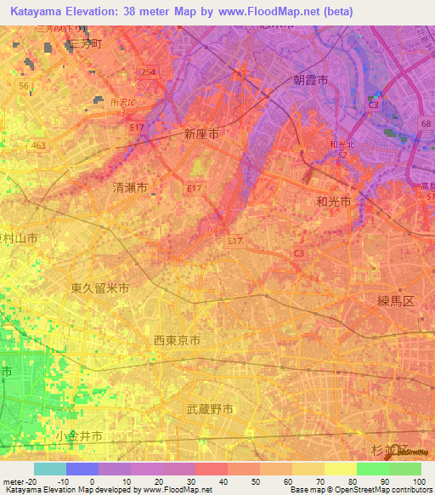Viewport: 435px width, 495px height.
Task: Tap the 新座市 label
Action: pyautogui.click(x=201, y=134)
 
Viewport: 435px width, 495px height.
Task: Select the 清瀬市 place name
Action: pyautogui.click(x=130, y=188)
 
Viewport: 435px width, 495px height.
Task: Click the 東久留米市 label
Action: pyautogui.click(x=100, y=288)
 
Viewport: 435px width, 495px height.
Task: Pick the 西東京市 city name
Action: pyautogui.click(x=177, y=340)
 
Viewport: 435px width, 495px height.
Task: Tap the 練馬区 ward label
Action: pyautogui.click(x=395, y=301)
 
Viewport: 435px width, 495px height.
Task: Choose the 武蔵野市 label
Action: pyautogui.click(x=210, y=409)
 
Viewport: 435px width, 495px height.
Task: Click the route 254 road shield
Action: pyautogui.click(x=149, y=73)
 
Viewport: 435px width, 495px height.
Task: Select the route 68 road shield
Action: pyautogui.click(x=424, y=123)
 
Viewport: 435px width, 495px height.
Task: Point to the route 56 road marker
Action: pyautogui.click(x=23, y=86)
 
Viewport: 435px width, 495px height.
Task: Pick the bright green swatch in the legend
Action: pyautogui.click(x=372, y=469)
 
